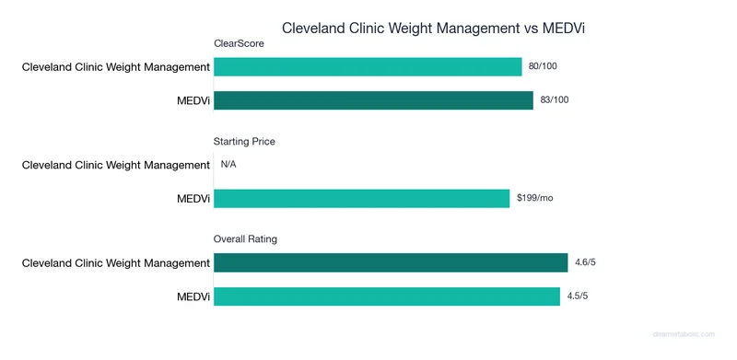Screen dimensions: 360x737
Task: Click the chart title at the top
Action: click(433, 28)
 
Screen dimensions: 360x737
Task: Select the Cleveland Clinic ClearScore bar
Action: click(368, 66)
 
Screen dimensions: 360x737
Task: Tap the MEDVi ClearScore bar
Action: click(373, 99)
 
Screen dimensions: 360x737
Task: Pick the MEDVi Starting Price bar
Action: click(361, 198)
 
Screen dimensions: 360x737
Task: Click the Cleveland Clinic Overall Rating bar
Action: click(391, 263)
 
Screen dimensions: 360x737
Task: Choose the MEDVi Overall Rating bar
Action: click(387, 296)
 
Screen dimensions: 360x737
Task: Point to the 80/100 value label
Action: click(542, 66)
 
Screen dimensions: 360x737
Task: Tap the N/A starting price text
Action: click(229, 165)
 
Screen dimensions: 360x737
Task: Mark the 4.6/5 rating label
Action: click(585, 263)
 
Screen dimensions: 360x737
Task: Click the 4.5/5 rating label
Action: click(578, 296)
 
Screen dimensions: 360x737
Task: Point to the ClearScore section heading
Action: click(240, 43)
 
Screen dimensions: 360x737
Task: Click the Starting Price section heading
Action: click(244, 142)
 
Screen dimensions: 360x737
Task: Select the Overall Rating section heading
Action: click(245, 239)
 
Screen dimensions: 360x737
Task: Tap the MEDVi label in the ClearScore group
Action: click(193, 99)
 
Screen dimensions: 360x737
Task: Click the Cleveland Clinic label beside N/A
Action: click(116, 165)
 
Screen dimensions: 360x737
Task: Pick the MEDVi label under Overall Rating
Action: click(193, 296)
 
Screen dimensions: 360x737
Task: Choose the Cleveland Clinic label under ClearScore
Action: click(116, 66)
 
